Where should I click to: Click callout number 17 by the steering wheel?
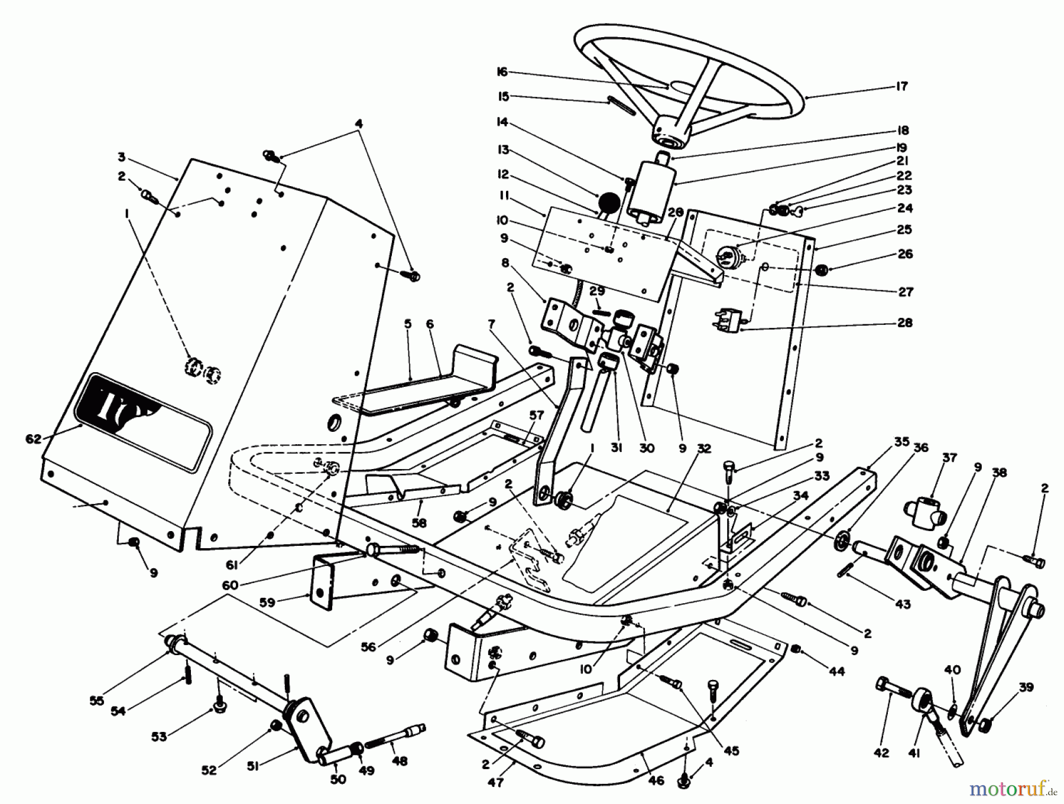(901, 86)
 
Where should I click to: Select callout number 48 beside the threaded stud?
(400, 761)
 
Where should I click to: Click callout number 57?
(536, 416)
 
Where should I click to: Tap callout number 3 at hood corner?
(121, 157)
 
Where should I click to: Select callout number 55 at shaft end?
(96, 701)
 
